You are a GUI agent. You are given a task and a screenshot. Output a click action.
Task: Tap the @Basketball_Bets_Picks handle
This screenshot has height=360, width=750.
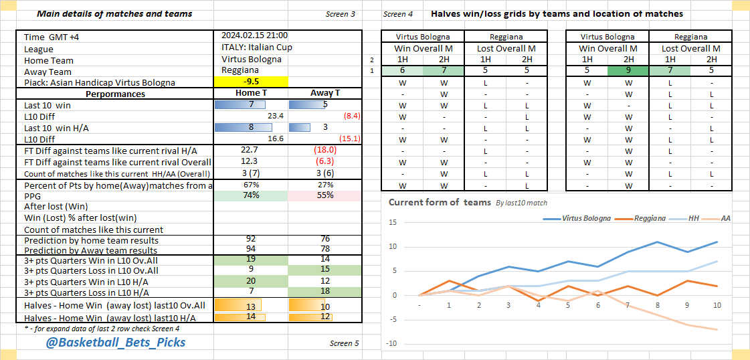pos(116,343)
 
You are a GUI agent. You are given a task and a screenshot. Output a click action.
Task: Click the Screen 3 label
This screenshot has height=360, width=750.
pos(341,14)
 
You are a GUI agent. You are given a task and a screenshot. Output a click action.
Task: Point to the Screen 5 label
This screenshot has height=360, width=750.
pos(344,343)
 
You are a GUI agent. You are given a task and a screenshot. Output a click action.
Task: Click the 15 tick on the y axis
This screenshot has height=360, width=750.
pos(393,223)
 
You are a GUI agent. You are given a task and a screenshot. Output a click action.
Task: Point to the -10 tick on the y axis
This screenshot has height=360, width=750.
pos(392,344)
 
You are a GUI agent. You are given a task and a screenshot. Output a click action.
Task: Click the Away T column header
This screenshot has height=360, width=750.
pos(325,94)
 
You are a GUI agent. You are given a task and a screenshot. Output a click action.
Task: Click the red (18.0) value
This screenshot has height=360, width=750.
pos(325,150)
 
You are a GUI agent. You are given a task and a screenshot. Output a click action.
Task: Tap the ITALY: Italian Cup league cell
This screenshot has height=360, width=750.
pos(257,48)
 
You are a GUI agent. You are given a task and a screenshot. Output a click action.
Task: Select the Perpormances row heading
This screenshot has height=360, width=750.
pos(115,94)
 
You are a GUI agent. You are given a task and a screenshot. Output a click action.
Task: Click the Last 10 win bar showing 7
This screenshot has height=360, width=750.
pos(240,104)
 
